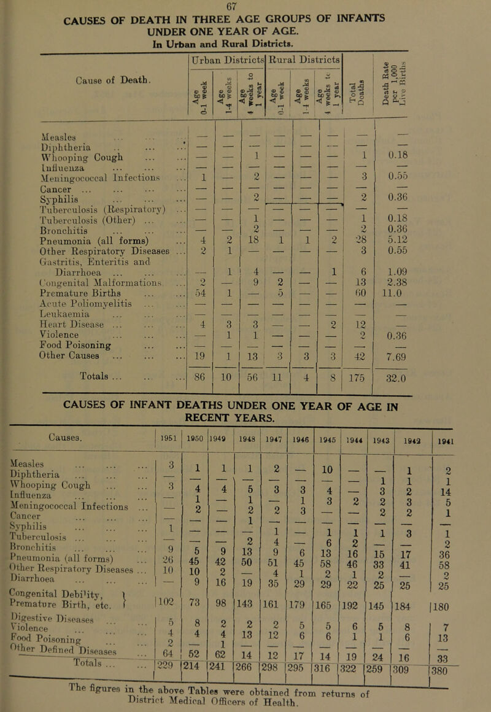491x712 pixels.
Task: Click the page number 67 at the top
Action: point(244,6)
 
